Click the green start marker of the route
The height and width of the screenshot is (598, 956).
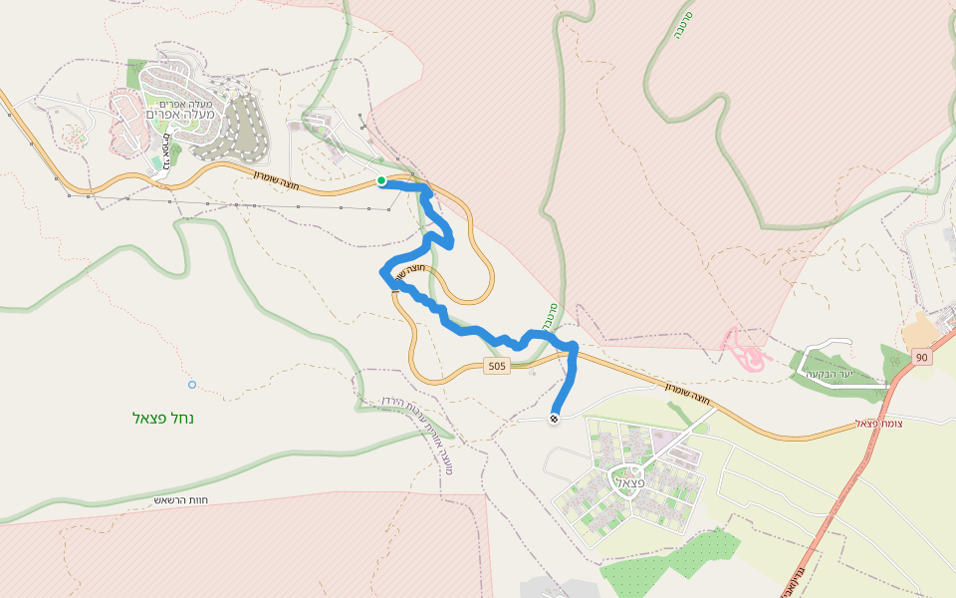point(381,180)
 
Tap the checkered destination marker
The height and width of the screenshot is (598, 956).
point(554,419)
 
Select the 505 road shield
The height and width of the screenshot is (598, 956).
point(497,367)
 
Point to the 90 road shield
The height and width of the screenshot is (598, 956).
point(921,357)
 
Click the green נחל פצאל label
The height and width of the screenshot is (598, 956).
point(163,418)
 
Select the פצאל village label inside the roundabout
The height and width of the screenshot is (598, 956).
point(632,482)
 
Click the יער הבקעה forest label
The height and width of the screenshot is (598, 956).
point(858,376)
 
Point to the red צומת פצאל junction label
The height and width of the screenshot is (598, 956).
point(879,424)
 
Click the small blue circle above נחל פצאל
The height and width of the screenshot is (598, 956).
point(192,385)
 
